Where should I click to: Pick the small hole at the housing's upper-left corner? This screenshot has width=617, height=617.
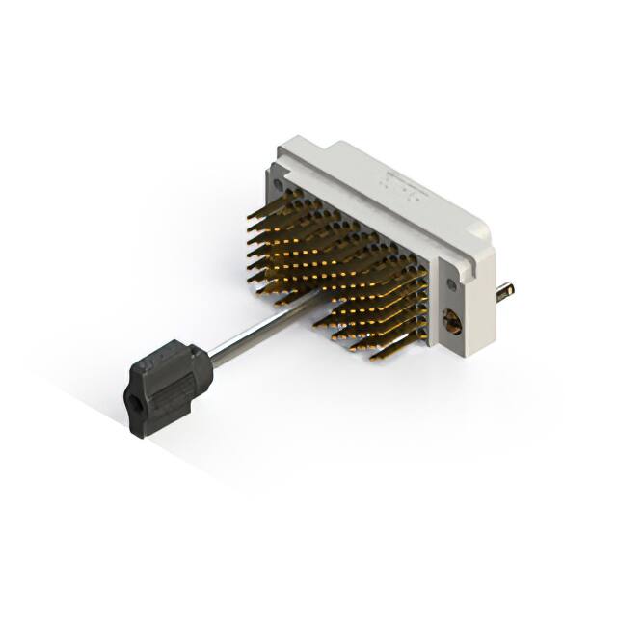click(x=280, y=182)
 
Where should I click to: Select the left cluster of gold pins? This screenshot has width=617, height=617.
click(x=289, y=241)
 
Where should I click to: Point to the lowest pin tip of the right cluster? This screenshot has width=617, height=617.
click(x=374, y=358)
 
